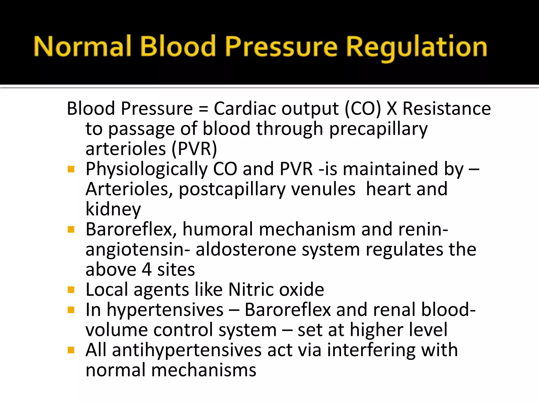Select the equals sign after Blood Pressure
203,109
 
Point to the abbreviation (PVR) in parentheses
194,149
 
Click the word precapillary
378,129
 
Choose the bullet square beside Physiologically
71,169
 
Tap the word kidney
113,209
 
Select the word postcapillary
232,189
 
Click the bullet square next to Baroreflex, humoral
71,230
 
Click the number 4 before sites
147,270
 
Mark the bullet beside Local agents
71,290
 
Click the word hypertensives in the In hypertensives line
165,310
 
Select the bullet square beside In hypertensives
71,310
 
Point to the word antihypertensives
187,350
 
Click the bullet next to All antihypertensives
71,350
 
